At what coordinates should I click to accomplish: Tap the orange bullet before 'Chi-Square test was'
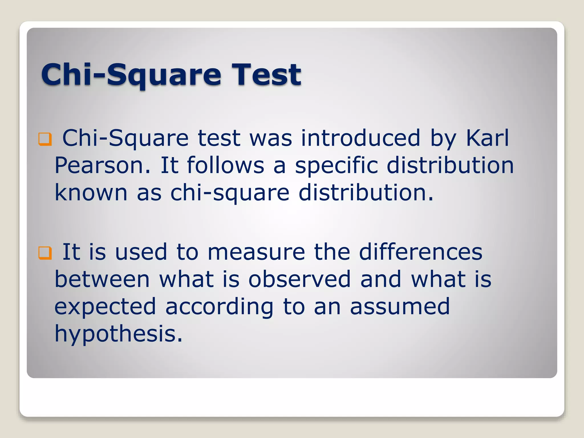(45, 139)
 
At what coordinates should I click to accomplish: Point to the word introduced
(360, 138)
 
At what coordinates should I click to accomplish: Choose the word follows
(225, 165)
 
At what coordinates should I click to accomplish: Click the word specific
(336, 165)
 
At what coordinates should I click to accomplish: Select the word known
(91, 193)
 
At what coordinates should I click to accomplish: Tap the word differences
(420, 252)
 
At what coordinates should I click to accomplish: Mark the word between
(102, 279)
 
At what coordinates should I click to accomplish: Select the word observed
(299, 279)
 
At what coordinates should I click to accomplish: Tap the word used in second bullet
(141, 252)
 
